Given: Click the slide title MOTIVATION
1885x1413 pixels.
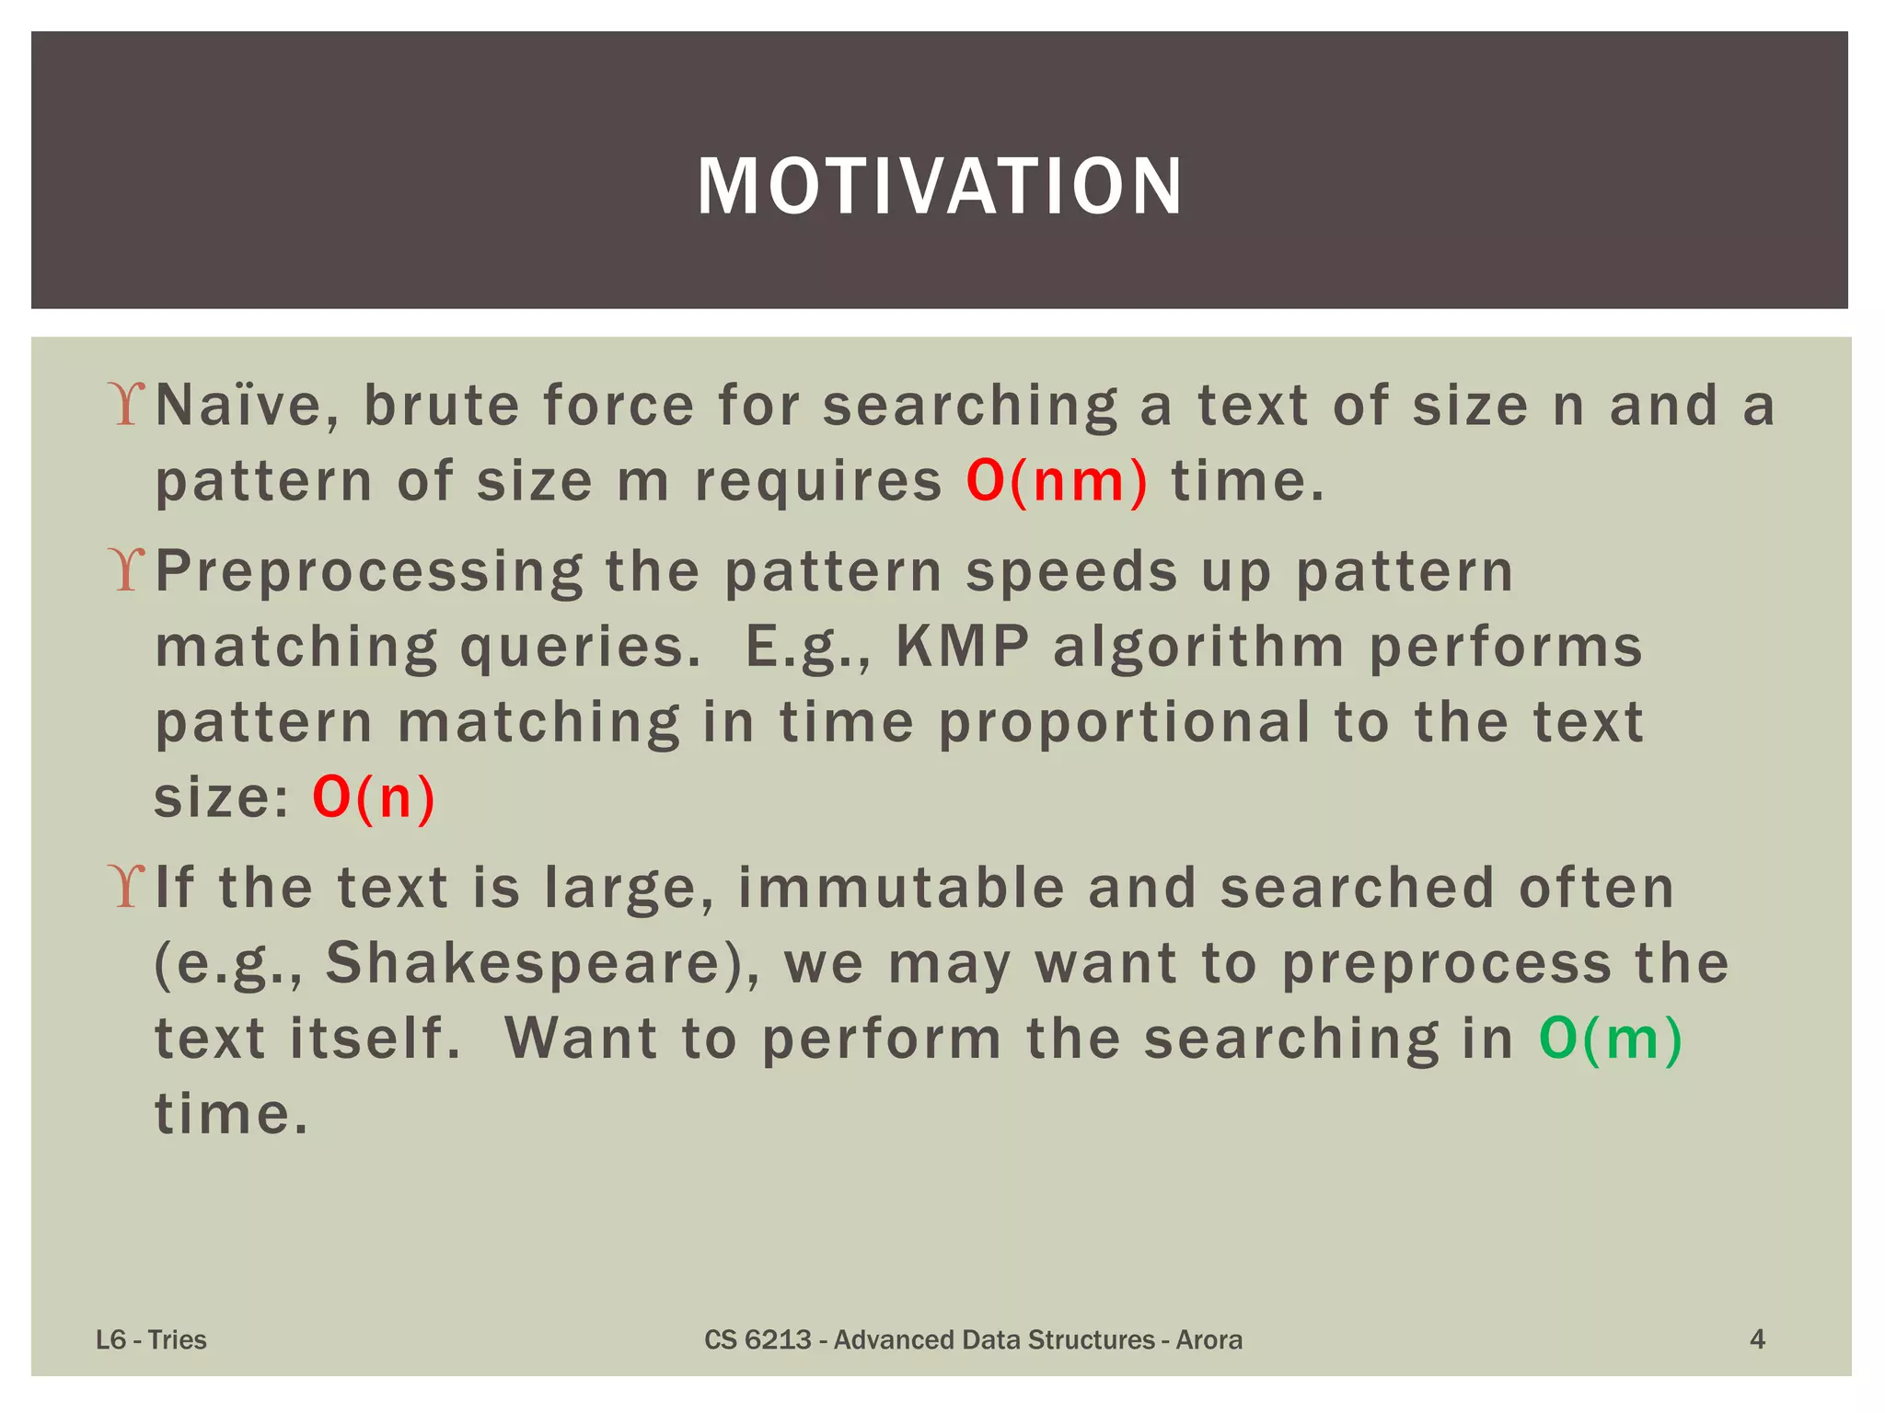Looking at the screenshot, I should tap(940, 186).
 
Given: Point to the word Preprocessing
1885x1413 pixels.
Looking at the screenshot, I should tap(368, 572).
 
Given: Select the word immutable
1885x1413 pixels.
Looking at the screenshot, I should tap(901, 888).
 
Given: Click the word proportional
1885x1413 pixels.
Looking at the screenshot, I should tap(1124, 722).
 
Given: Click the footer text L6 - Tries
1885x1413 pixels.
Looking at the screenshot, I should tap(151, 1339).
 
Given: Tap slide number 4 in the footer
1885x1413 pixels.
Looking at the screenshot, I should tap(1756, 1338).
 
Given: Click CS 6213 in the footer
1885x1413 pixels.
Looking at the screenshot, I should tap(757, 1339).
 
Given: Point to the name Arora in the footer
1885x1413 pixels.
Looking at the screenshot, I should tap(1208, 1339).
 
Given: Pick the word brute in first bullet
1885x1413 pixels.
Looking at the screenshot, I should tap(441, 406).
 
